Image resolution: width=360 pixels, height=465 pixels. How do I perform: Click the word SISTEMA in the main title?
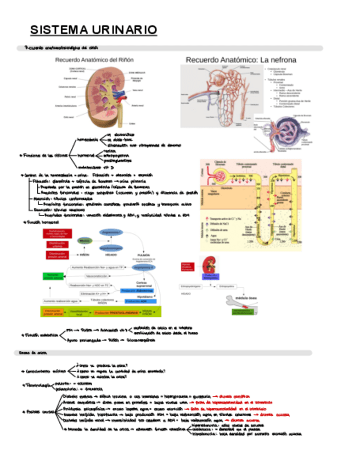pos(53,29)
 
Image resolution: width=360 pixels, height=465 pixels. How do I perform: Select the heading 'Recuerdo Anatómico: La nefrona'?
pos(241,59)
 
